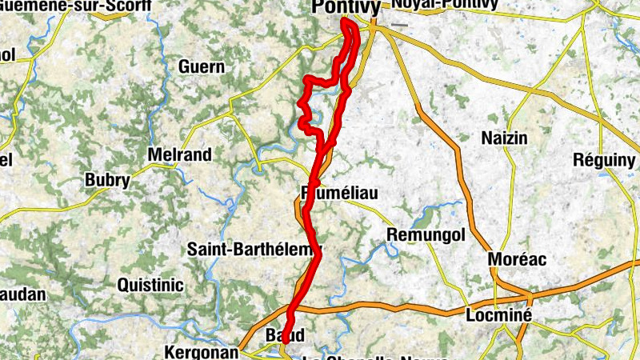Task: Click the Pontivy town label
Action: click(344, 7)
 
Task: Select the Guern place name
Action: click(201, 67)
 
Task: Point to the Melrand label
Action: click(180, 154)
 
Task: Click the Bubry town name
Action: click(107, 180)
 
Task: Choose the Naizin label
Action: click(504, 138)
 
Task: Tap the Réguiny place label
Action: click(604, 160)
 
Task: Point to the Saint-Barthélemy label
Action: click(254, 250)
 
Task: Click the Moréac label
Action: click(516, 260)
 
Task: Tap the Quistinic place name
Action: click(150, 285)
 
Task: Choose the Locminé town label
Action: click(498, 315)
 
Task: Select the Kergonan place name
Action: click(201, 352)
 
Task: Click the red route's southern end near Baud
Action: click(285, 341)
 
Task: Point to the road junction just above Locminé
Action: click(497, 298)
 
